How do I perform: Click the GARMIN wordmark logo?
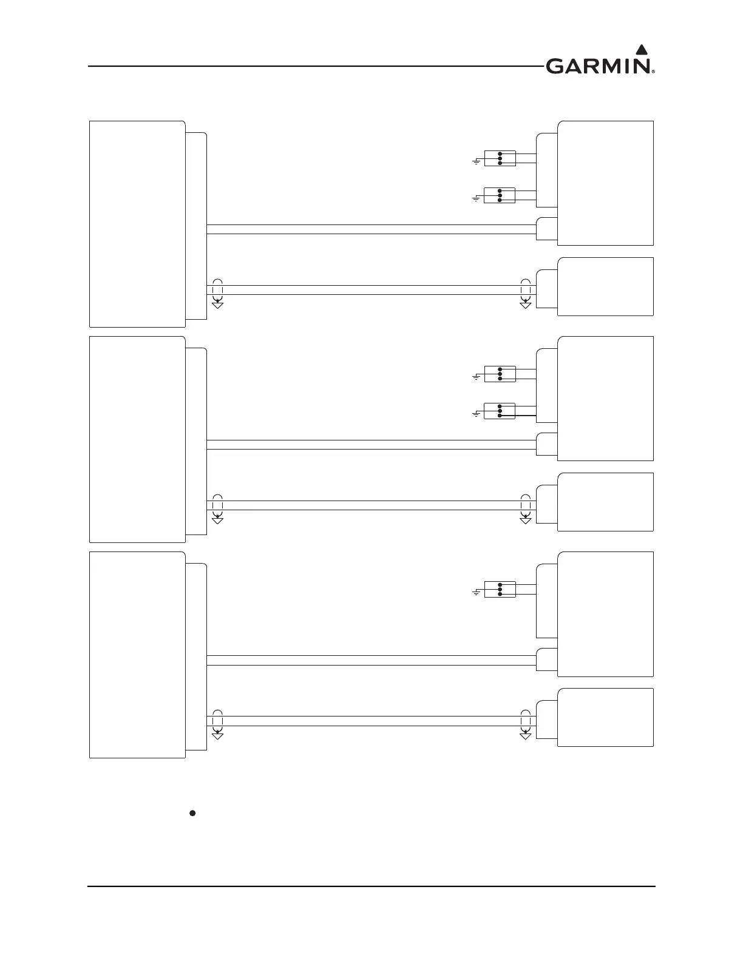[598, 66]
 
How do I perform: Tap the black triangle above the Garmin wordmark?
[641, 49]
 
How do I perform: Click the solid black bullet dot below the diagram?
[192, 813]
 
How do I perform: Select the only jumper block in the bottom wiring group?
[500, 589]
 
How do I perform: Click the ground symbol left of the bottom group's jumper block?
[477, 592]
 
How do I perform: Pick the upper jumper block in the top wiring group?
[500, 158]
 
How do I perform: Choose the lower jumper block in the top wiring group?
[500, 195]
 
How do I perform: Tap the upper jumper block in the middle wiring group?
[500, 374]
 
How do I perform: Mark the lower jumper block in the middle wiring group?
[500, 411]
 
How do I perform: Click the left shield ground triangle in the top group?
[217, 305]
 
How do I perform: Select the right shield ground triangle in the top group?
[526, 305]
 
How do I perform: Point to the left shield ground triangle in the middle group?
[217, 520]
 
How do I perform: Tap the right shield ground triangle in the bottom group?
[526, 735]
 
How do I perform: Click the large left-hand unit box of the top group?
[137, 224]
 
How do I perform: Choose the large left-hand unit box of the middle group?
[137, 439]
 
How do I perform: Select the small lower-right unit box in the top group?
[605, 286]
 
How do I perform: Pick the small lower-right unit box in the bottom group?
[605, 717]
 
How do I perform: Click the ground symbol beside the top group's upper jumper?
[477, 161]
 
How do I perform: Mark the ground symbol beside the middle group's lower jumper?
[477, 414]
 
